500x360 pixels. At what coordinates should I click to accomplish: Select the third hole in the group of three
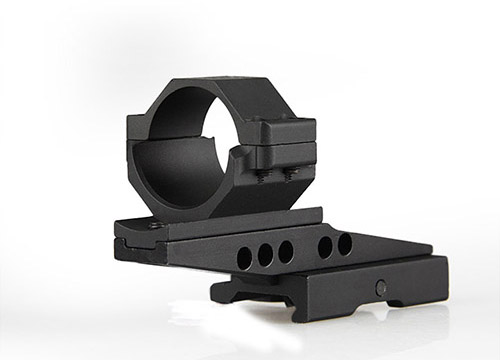tap(286, 250)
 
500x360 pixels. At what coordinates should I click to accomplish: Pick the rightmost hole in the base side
tap(345, 243)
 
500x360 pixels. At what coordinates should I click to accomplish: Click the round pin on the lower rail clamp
tap(381, 287)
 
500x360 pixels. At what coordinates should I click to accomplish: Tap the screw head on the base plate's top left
tap(155, 226)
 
